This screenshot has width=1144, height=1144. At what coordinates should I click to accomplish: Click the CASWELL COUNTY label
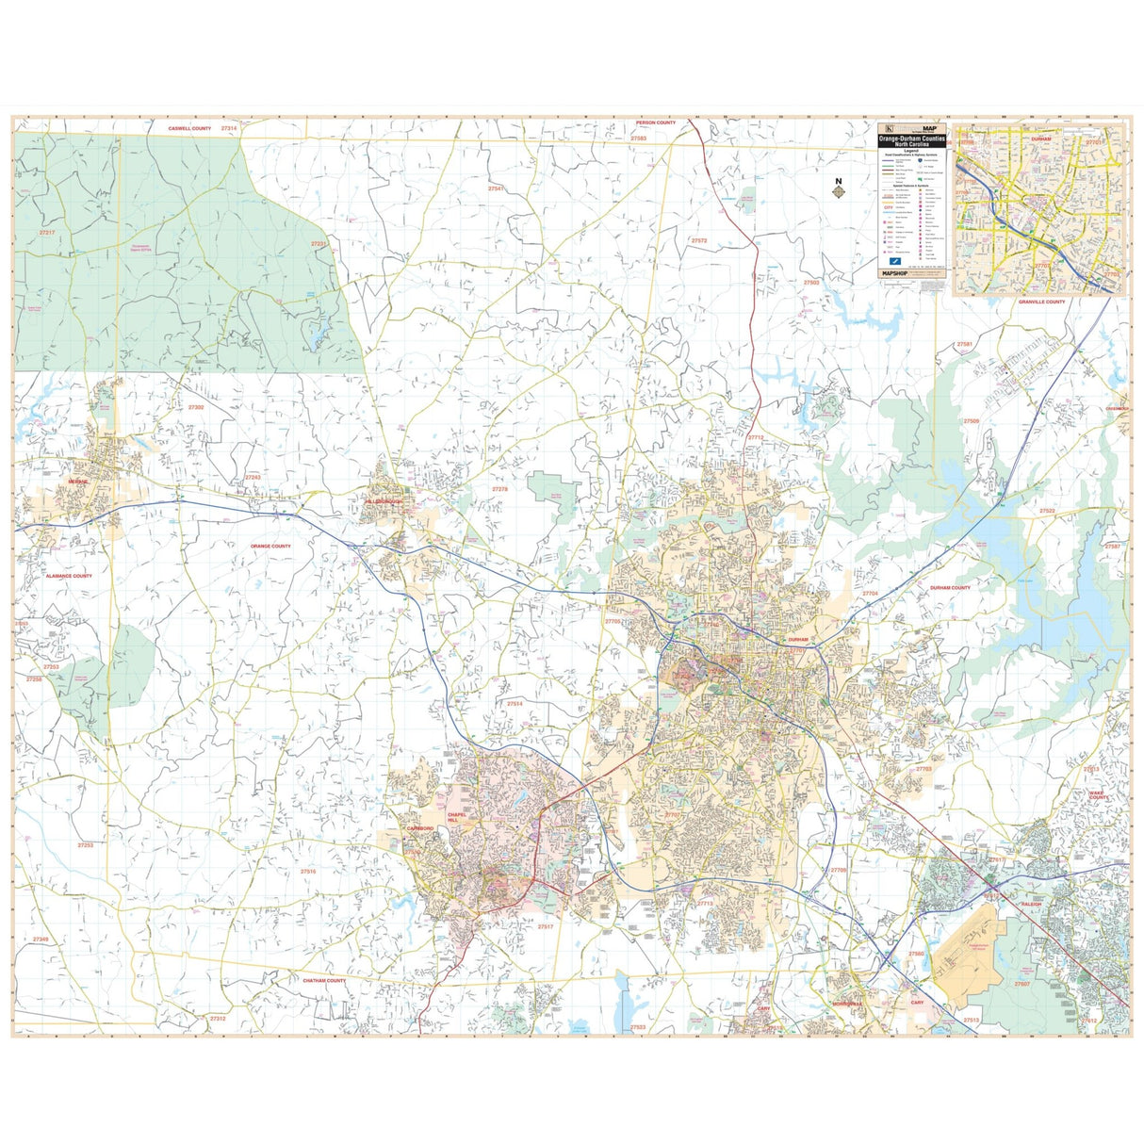click(189, 127)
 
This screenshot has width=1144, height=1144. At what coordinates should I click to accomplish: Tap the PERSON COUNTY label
click(656, 123)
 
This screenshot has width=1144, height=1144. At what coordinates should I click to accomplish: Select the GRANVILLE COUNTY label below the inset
click(1041, 302)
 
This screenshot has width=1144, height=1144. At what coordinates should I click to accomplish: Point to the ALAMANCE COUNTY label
click(69, 575)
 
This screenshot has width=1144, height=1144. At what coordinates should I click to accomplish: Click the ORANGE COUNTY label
click(270, 546)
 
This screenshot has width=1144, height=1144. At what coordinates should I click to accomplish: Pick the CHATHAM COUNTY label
click(324, 980)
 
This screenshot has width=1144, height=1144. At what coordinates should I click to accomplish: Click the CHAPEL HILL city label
click(457, 817)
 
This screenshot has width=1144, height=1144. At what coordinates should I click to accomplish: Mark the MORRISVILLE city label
click(847, 1004)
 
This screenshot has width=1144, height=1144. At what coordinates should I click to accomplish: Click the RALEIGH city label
click(1032, 904)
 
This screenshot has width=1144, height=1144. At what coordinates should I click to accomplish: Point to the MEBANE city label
click(77, 482)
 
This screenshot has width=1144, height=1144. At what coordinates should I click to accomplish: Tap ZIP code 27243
click(252, 477)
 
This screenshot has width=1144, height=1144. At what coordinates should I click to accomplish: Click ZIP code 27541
click(496, 188)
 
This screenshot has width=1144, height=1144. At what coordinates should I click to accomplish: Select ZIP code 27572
click(698, 240)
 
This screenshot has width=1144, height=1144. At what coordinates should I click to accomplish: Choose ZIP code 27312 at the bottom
click(218, 1019)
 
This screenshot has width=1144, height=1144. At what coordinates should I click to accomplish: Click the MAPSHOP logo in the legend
click(894, 272)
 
